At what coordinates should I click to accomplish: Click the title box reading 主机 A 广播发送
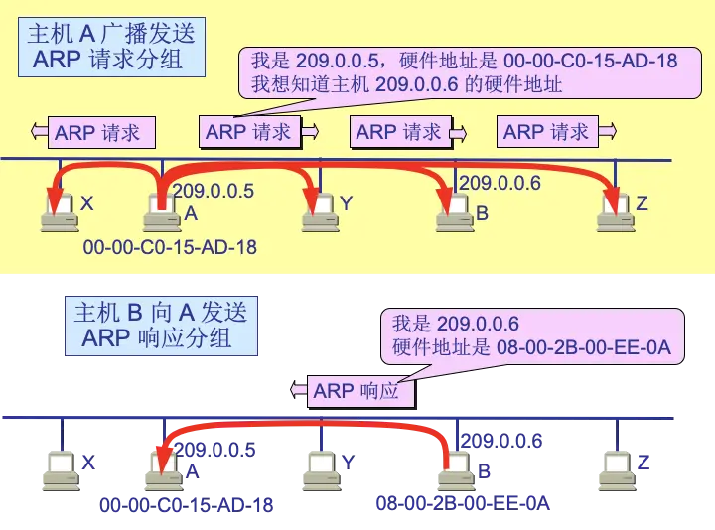point(111,46)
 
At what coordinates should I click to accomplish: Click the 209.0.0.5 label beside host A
point(214,190)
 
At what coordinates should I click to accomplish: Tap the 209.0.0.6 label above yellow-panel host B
point(500,183)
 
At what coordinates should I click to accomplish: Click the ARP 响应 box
point(356,391)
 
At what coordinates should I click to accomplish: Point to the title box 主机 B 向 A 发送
point(161,325)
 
